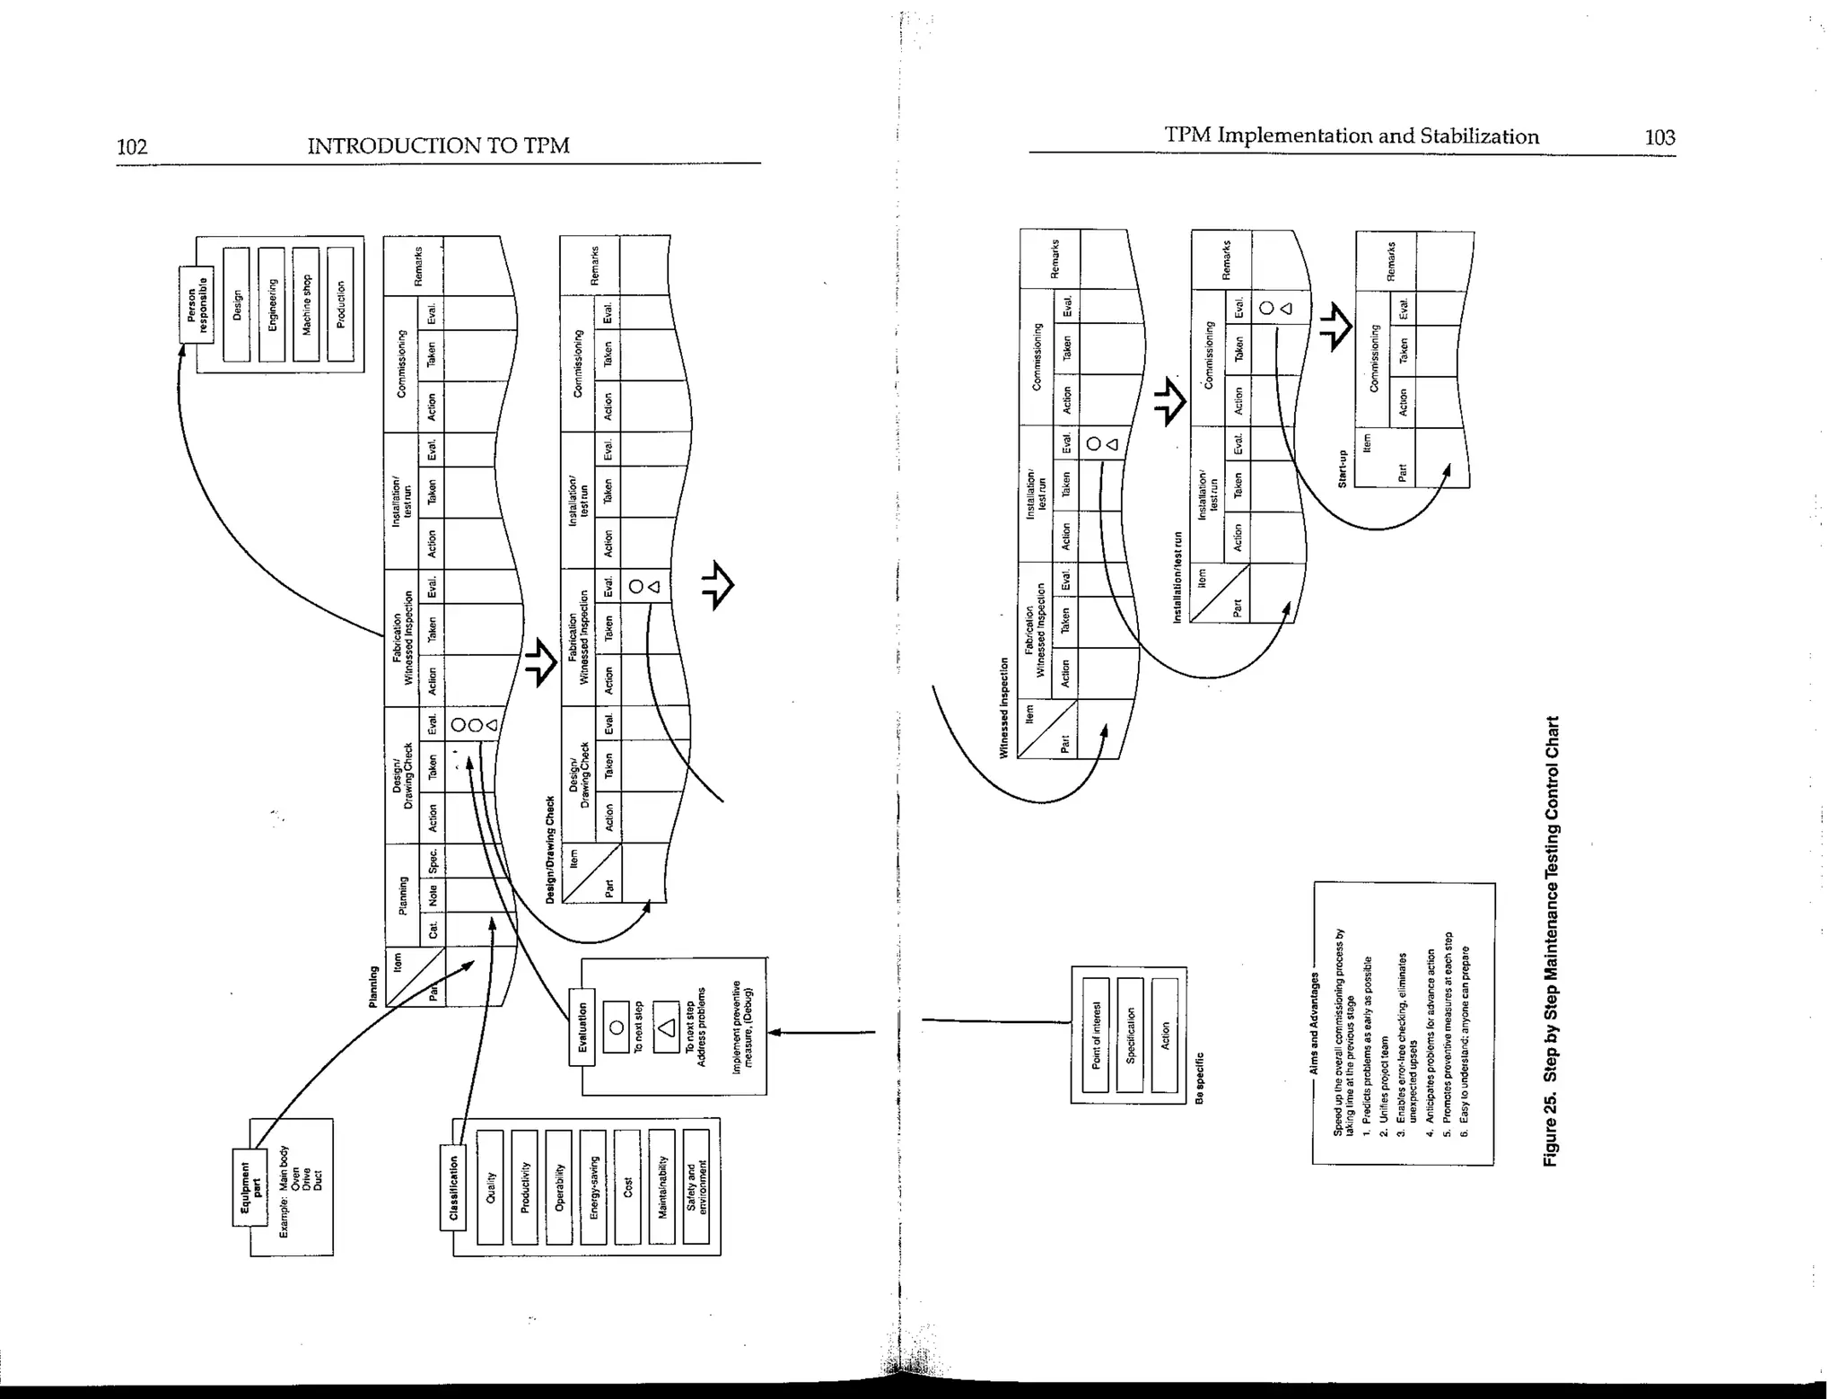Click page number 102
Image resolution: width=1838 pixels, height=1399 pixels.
point(132,146)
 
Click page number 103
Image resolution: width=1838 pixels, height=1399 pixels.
point(1659,137)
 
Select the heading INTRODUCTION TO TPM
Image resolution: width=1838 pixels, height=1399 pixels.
point(438,145)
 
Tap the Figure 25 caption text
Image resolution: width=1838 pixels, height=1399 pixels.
point(1552,941)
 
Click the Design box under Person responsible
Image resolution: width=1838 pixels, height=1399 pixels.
point(237,305)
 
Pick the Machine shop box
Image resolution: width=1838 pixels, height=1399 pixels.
point(306,305)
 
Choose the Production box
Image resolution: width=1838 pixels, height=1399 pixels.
point(341,305)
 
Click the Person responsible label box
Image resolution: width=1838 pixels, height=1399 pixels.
point(197,304)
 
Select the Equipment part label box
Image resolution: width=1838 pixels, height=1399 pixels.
point(249,1187)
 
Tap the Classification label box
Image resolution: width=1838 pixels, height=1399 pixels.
point(454,1187)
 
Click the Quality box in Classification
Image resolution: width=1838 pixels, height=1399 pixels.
point(490,1187)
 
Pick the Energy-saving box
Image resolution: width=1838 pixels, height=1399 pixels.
point(593,1187)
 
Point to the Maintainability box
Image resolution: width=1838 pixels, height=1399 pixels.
point(662,1187)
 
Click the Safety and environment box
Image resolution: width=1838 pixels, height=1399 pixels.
point(696,1187)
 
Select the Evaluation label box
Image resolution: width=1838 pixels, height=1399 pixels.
point(582,1027)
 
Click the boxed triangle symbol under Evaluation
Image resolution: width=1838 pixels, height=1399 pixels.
point(666,1027)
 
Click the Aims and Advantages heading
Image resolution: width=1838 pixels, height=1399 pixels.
point(1315,1024)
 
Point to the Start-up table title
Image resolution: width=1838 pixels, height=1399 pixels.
point(1343,469)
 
